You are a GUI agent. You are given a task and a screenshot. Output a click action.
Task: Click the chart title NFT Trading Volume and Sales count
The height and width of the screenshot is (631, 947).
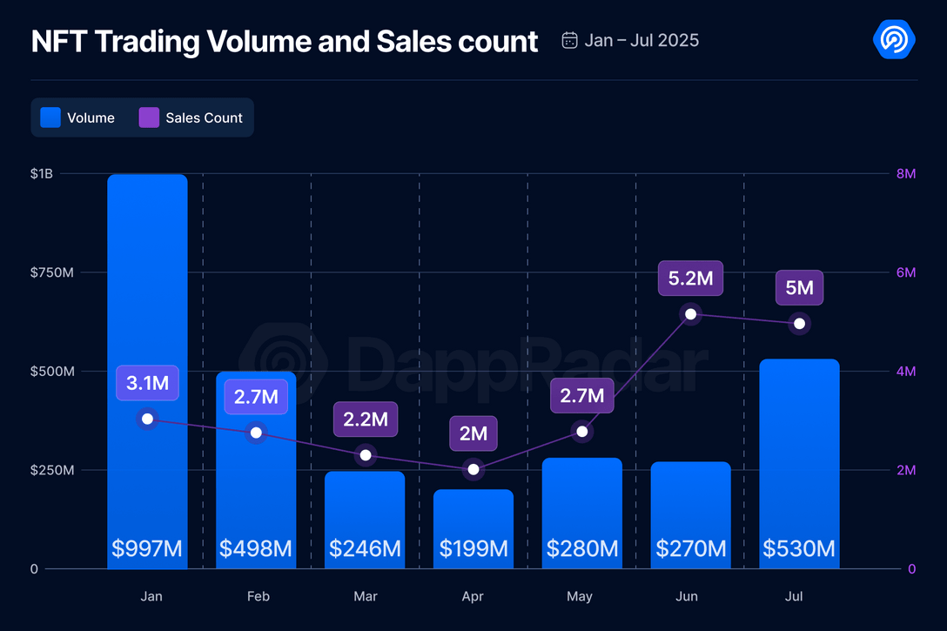pos(285,41)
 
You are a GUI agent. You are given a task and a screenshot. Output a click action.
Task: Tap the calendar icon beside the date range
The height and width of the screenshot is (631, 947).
pos(570,40)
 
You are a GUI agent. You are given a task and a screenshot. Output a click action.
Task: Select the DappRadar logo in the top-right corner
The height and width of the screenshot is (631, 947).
pos(893,39)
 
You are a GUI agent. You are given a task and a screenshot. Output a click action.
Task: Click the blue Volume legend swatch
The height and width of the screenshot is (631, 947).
pos(50,117)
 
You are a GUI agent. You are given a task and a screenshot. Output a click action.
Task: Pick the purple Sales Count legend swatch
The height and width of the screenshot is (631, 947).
pos(149,117)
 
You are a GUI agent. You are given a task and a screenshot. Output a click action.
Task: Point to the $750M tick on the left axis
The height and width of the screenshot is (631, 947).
pos(52,272)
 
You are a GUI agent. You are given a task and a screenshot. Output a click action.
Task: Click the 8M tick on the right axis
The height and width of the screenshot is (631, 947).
pos(905,174)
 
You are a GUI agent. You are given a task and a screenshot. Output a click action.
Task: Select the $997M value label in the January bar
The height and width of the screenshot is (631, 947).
pos(147,548)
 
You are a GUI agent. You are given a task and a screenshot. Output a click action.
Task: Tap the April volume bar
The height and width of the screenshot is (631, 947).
pos(473,522)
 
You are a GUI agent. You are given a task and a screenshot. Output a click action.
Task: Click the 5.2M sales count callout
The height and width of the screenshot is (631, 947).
pos(690,279)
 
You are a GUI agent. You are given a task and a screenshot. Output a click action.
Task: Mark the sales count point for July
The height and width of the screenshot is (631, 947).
pos(799,324)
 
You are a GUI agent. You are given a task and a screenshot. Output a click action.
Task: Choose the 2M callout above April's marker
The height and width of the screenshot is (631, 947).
pos(473,433)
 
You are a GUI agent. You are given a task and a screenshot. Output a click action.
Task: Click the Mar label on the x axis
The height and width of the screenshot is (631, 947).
pos(366,596)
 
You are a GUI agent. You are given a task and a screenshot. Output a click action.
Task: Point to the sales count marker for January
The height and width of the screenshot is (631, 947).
pos(147,420)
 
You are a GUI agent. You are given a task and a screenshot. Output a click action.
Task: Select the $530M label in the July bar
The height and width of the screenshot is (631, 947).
pos(799,548)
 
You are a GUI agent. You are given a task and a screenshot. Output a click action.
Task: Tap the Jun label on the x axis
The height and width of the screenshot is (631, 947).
pos(687,596)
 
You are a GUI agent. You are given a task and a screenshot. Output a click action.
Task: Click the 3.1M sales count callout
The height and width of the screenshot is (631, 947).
pos(147,383)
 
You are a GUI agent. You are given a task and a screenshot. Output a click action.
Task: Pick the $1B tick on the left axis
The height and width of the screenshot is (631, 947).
pos(41,174)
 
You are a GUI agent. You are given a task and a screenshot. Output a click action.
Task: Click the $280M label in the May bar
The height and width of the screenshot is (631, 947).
pos(581,548)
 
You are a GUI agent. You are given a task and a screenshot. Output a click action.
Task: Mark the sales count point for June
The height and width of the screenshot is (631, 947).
pos(690,313)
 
